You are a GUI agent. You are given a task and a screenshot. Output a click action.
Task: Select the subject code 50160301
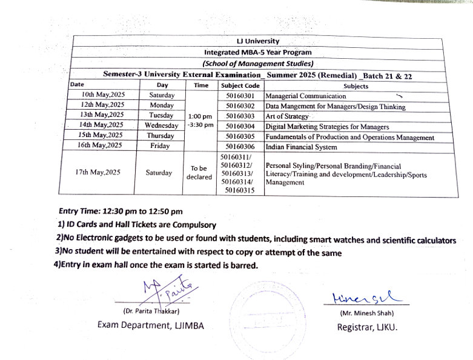pos(240,95)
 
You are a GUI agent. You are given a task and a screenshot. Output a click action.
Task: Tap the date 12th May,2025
pos(102,105)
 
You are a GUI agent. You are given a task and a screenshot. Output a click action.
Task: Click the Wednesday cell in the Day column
pos(162,126)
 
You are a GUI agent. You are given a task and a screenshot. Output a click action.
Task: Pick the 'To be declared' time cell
pos(199,172)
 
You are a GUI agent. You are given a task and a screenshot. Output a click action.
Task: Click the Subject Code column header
pos(240,85)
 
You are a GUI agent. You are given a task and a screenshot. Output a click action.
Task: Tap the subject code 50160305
pos(240,136)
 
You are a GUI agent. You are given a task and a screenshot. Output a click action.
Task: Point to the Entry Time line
pos(121,212)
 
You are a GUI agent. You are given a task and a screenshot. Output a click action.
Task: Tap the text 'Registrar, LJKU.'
pos(368,328)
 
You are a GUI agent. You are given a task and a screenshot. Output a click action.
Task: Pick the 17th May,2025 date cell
pos(98,172)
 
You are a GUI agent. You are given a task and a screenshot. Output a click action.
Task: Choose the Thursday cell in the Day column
pos(160,136)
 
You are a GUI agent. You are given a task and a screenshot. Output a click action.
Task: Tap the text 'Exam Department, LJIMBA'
pos(151,325)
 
